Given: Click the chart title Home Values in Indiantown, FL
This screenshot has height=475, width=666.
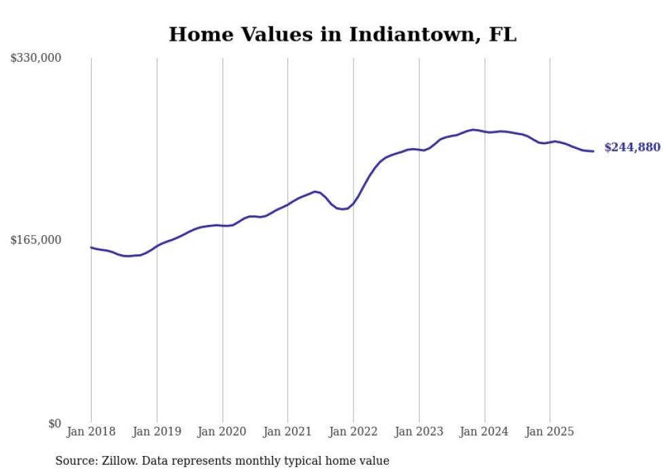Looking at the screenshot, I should click(x=343, y=35).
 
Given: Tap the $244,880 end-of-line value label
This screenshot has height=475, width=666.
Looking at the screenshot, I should click(x=631, y=147).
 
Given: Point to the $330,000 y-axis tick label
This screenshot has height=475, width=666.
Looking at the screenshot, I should click(x=36, y=58).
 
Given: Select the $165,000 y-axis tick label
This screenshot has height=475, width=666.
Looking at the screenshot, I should click(x=36, y=240).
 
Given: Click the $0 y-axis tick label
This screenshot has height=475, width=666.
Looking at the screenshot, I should click(x=55, y=424).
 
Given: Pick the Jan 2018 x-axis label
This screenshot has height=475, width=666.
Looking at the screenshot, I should click(x=91, y=431).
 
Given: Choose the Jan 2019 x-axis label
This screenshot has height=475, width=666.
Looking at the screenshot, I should click(x=157, y=431).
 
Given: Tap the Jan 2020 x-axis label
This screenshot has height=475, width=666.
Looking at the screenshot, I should click(x=222, y=431).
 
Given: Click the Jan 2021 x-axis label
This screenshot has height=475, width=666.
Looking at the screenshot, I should click(x=287, y=431).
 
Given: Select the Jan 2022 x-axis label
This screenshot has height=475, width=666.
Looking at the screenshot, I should click(x=353, y=431).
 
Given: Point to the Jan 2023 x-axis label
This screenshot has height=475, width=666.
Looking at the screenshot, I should click(x=419, y=431).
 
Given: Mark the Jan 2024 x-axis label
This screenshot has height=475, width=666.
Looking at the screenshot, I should click(x=485, y=431).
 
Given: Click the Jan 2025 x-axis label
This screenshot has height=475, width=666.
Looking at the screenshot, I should click(x=550, y=431).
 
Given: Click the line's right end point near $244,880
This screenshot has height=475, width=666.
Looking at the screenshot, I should click(x=593, y=151).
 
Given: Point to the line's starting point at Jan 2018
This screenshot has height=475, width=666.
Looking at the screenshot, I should click(x=91, y=247).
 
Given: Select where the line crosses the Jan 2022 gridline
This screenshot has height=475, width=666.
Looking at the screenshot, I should click(x=353, y=203).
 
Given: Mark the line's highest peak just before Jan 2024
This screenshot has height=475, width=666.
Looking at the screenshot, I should click(x=474, y=129).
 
